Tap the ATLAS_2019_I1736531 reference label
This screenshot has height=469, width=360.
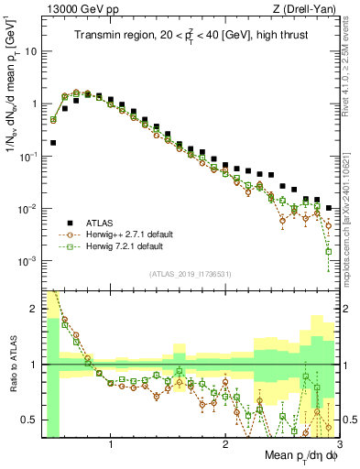pyautogui.click(x=190, y=274)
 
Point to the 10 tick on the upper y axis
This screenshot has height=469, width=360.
pyautogui.click(x=32, y=51)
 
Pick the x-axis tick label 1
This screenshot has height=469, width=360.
pyautogui.click(x=111, y=443)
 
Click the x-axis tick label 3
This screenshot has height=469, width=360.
pyautogui.click(x=339, y=443)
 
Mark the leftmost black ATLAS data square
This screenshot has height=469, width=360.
pyautogui.click(x=53, y=143)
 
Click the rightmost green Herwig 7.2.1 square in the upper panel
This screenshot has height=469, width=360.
pyautogui.click(x=328, y=252)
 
